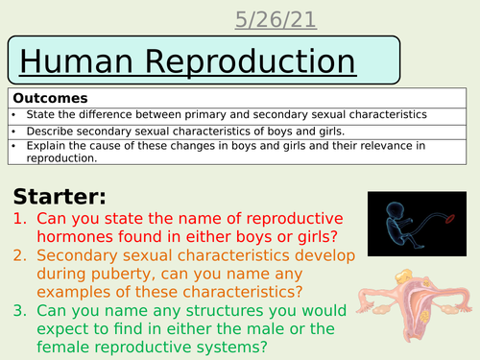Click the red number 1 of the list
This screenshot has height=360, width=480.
(x=21, y=223)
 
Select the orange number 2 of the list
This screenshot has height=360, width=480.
(x=21, y=260)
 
